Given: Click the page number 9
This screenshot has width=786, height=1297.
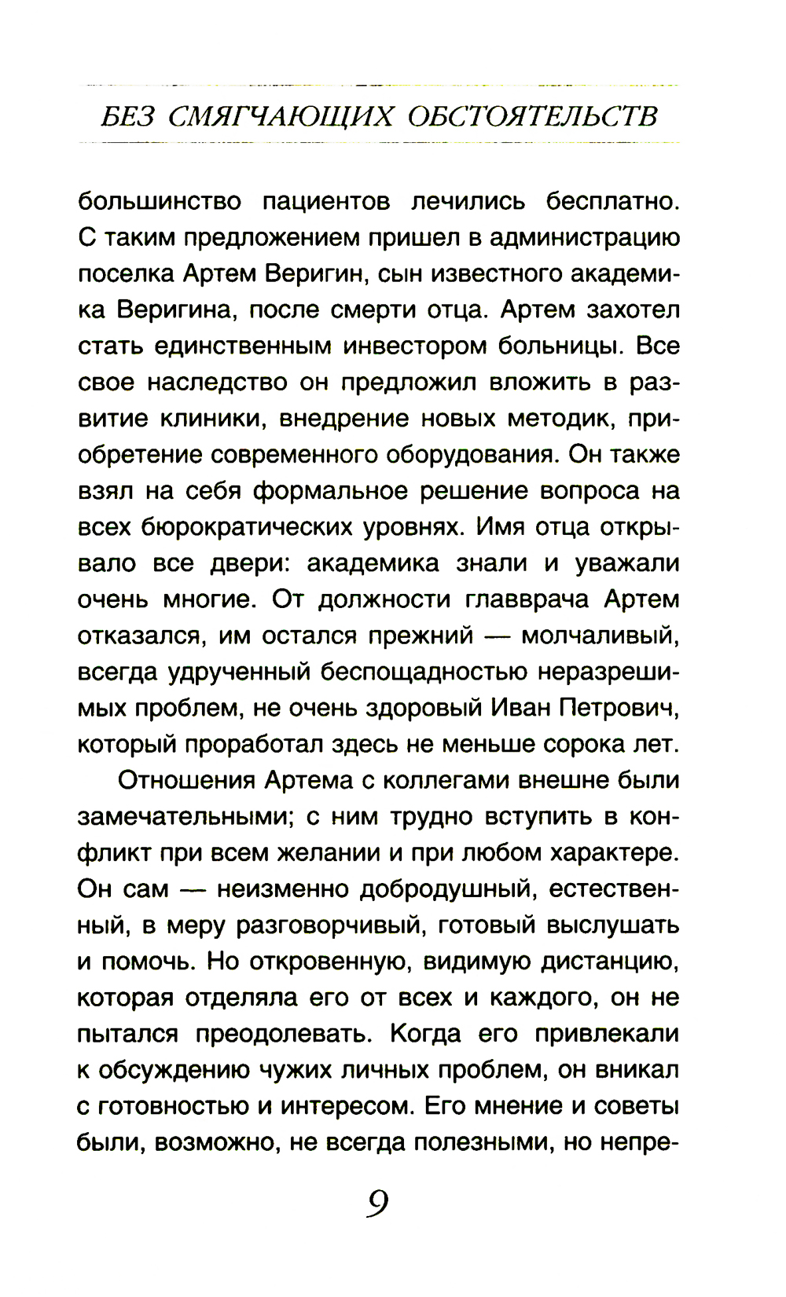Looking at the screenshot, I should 377,1203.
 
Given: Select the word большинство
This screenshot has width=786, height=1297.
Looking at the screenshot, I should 160,202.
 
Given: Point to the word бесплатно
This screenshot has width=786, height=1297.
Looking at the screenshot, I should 612,202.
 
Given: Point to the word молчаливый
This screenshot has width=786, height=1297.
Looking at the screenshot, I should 601,636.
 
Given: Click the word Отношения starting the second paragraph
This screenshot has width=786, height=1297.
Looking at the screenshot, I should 185,781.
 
